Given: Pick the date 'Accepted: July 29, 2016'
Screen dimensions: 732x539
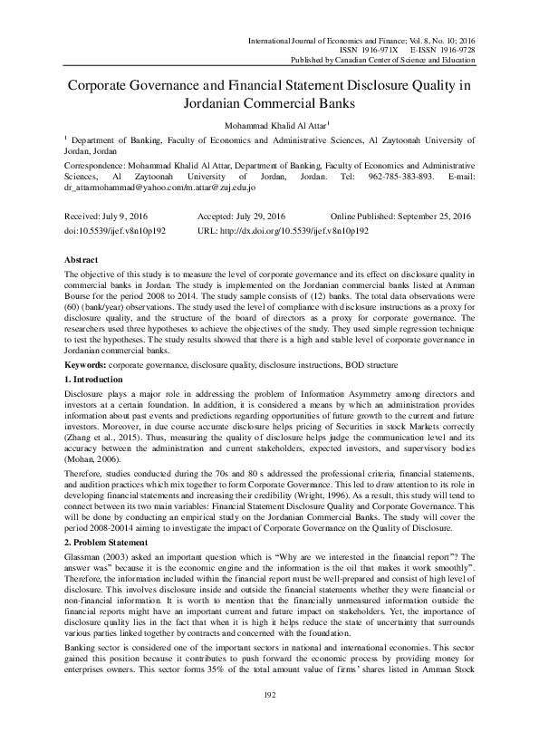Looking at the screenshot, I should coord(242,218).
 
